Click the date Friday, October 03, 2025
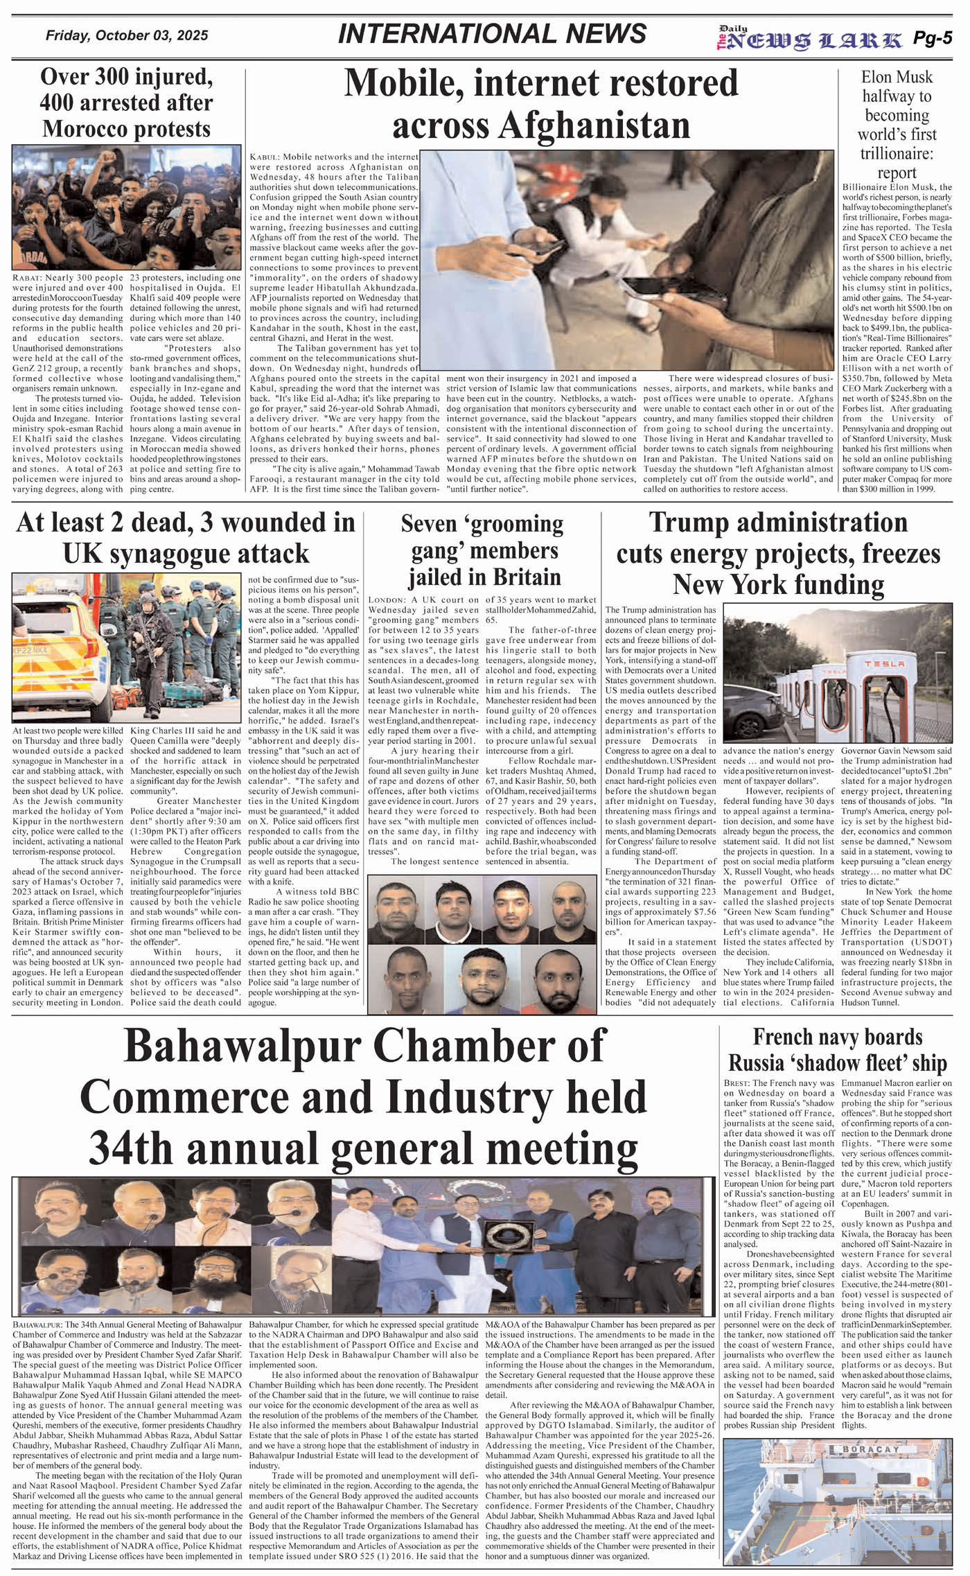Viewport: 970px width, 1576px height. pos(127,36)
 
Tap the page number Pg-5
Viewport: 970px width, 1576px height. pos(932,39)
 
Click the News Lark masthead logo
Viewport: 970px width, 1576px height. pos(810,40)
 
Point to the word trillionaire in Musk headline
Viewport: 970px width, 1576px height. pos(897,153)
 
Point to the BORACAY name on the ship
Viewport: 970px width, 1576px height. pos(870,1449)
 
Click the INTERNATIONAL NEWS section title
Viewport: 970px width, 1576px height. pos(492,34)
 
